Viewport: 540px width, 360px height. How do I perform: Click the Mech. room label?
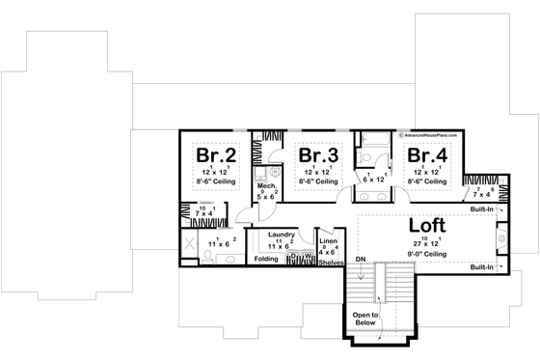point(267,185)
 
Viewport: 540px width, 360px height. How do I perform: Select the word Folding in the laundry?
point(266,259)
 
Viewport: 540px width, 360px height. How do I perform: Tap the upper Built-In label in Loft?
point(482,208)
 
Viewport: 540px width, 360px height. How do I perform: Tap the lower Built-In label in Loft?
point(482,266)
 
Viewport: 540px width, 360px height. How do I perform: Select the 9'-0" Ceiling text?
point(425,253)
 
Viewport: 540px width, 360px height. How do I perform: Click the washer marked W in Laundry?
point(307,256)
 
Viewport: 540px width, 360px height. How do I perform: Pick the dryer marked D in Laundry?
point(294,256)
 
